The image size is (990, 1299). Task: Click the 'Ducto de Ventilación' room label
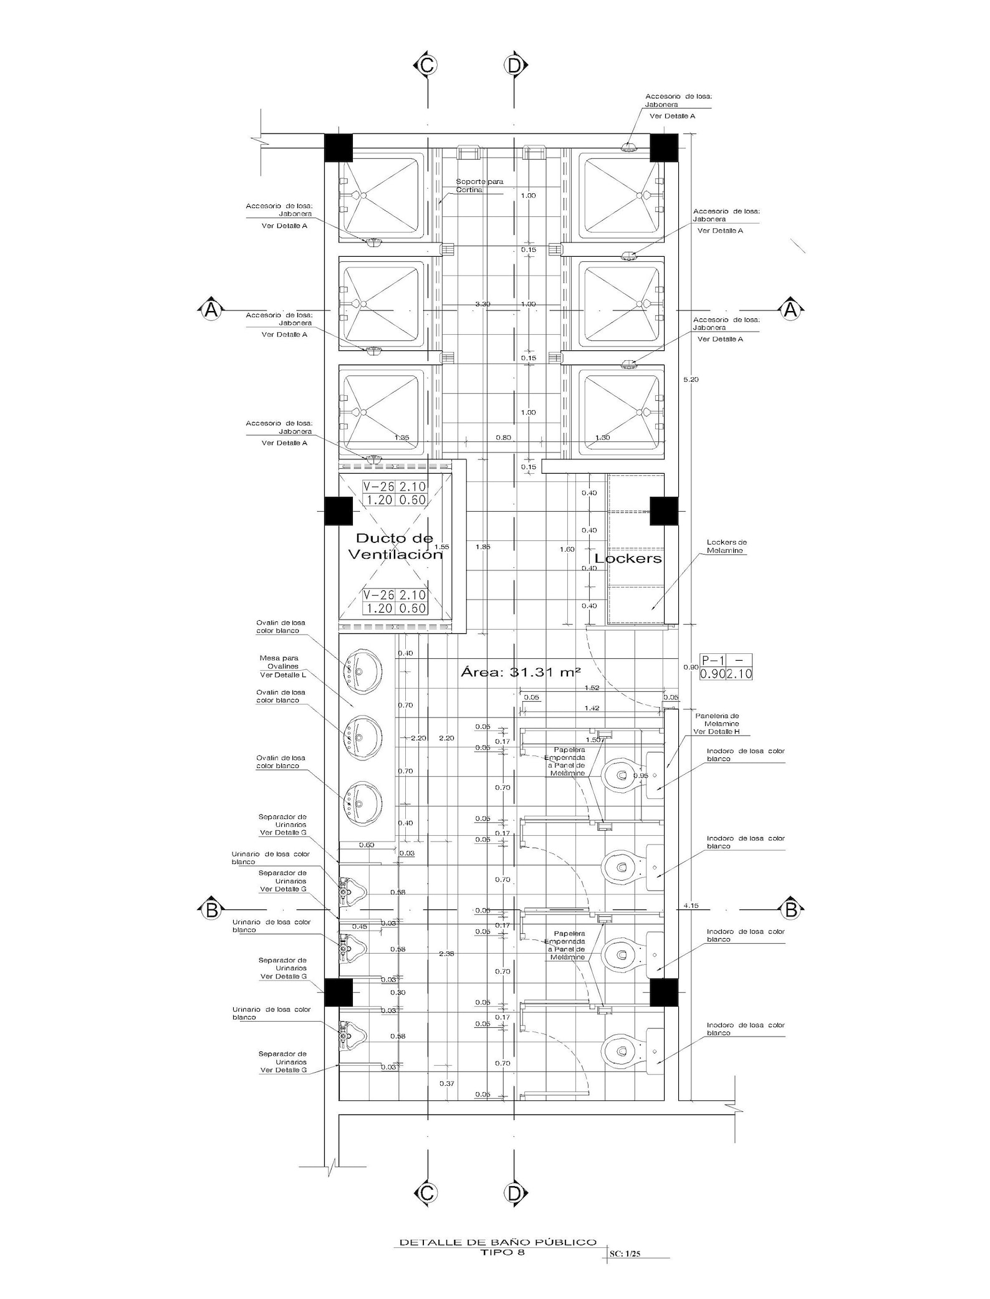pos(395,546)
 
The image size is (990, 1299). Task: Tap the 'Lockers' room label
pos(628,558)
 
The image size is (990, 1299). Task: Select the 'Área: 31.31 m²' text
pos(521,672)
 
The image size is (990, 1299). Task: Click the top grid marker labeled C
pos(427,65)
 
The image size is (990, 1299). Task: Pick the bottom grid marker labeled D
pos(514,1193)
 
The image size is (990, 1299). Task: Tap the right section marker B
pos(791,909)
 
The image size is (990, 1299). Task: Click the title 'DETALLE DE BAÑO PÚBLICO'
pos(497,1242)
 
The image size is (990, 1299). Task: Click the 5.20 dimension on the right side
pos(691,380)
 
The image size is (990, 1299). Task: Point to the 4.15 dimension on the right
pos(691,905)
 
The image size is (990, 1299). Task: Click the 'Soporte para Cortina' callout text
pos(479,186)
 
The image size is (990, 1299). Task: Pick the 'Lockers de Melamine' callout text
pos(726,546)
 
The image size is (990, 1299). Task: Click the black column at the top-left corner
pos(339,148)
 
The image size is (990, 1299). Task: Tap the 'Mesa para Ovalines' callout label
pos(279,666)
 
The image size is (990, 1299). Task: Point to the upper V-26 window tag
pos(395,493)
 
